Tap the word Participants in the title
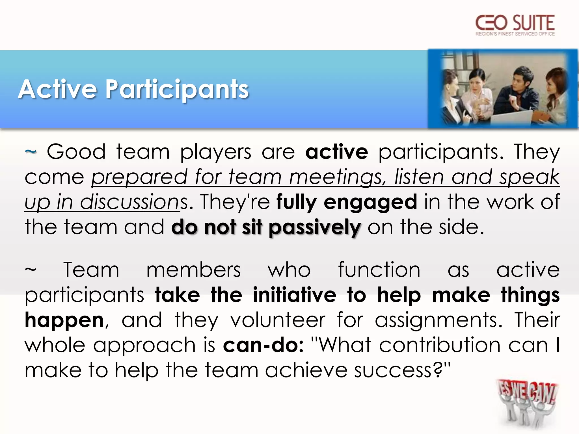(177, 90)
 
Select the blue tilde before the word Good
(31, 152)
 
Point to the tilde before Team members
(31, 270)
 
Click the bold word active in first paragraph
(336, 152)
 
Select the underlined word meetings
(338, 177)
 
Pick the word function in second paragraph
(379, 270)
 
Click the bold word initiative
(294, 295)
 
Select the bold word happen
(64, 321)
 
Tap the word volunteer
(278, 320)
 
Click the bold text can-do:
(263, 345)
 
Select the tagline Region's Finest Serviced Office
(515, 34)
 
